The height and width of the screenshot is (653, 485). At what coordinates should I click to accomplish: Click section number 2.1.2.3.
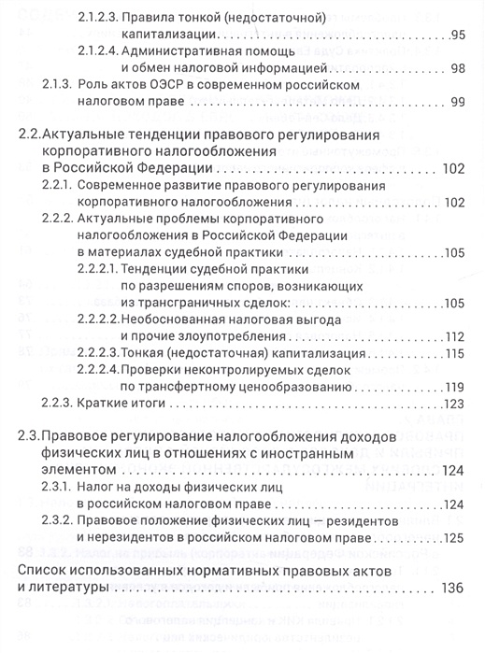102,17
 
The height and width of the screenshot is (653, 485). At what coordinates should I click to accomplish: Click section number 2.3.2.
57,522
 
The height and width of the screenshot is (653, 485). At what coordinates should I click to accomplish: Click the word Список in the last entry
48,571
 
